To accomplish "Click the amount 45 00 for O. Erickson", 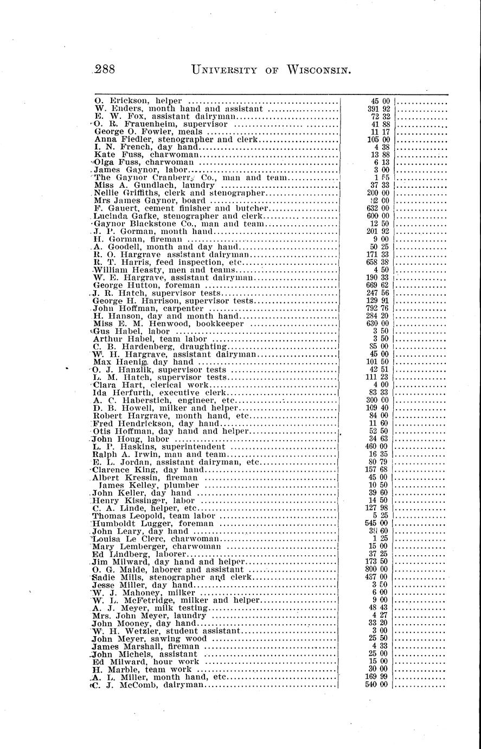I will click(380, 100).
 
